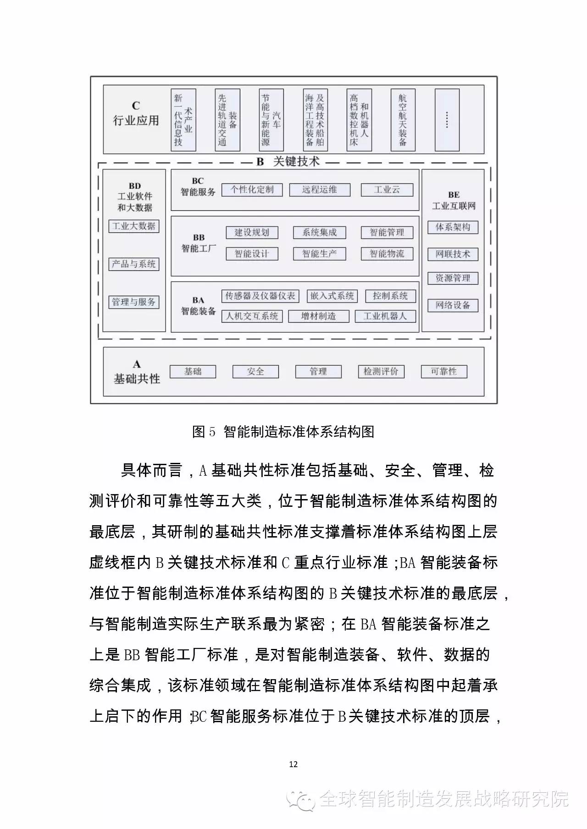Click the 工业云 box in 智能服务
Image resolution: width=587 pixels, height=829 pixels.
pyautogui.click(x=387, y=190)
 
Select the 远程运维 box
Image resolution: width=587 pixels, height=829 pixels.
pyautogui.click(x=320, y=190)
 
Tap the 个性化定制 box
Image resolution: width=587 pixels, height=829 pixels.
pyautogui.click(x=252, y=190)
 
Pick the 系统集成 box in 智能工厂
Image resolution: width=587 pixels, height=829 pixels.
pyautogui.click(x=319, y=233)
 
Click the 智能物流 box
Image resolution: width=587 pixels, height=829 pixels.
pyautogui.click(x=387, y=254)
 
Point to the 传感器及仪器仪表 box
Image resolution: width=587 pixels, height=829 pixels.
pyautogui.click(x=260, y=296)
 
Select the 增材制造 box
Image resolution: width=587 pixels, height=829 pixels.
pyautogui.click(x=318, y=316)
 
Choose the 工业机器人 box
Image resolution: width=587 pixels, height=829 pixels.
pyautogui.click(x=385, y=316)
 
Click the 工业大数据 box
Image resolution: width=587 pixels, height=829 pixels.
pyautogui.click(x=134, y=226)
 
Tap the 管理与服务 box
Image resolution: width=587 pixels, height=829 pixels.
pyautogui.click(x=134, y=302)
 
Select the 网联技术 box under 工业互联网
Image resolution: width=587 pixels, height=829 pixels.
pyautogui.click(x=453, y=254)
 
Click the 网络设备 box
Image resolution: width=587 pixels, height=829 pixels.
pyautogui.click(x=453, y=306)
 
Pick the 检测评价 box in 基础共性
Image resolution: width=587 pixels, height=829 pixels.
pyautogui.click(x=381, y=372)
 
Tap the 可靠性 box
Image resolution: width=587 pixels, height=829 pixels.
pyautogui.click(x=444, y=372)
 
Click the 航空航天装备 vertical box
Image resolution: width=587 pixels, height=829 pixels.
pyautogui.click(x=403, y=120)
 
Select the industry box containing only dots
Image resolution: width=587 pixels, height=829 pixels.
pyautogui.click(x=447, y=120)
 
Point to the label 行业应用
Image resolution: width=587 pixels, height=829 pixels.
pyautogui.click(x=136, y=121)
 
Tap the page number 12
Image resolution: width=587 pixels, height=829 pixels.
pyautogui.click(x=293, y=764)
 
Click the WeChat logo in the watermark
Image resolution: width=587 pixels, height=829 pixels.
pyautogui.click(x=300, y=801)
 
